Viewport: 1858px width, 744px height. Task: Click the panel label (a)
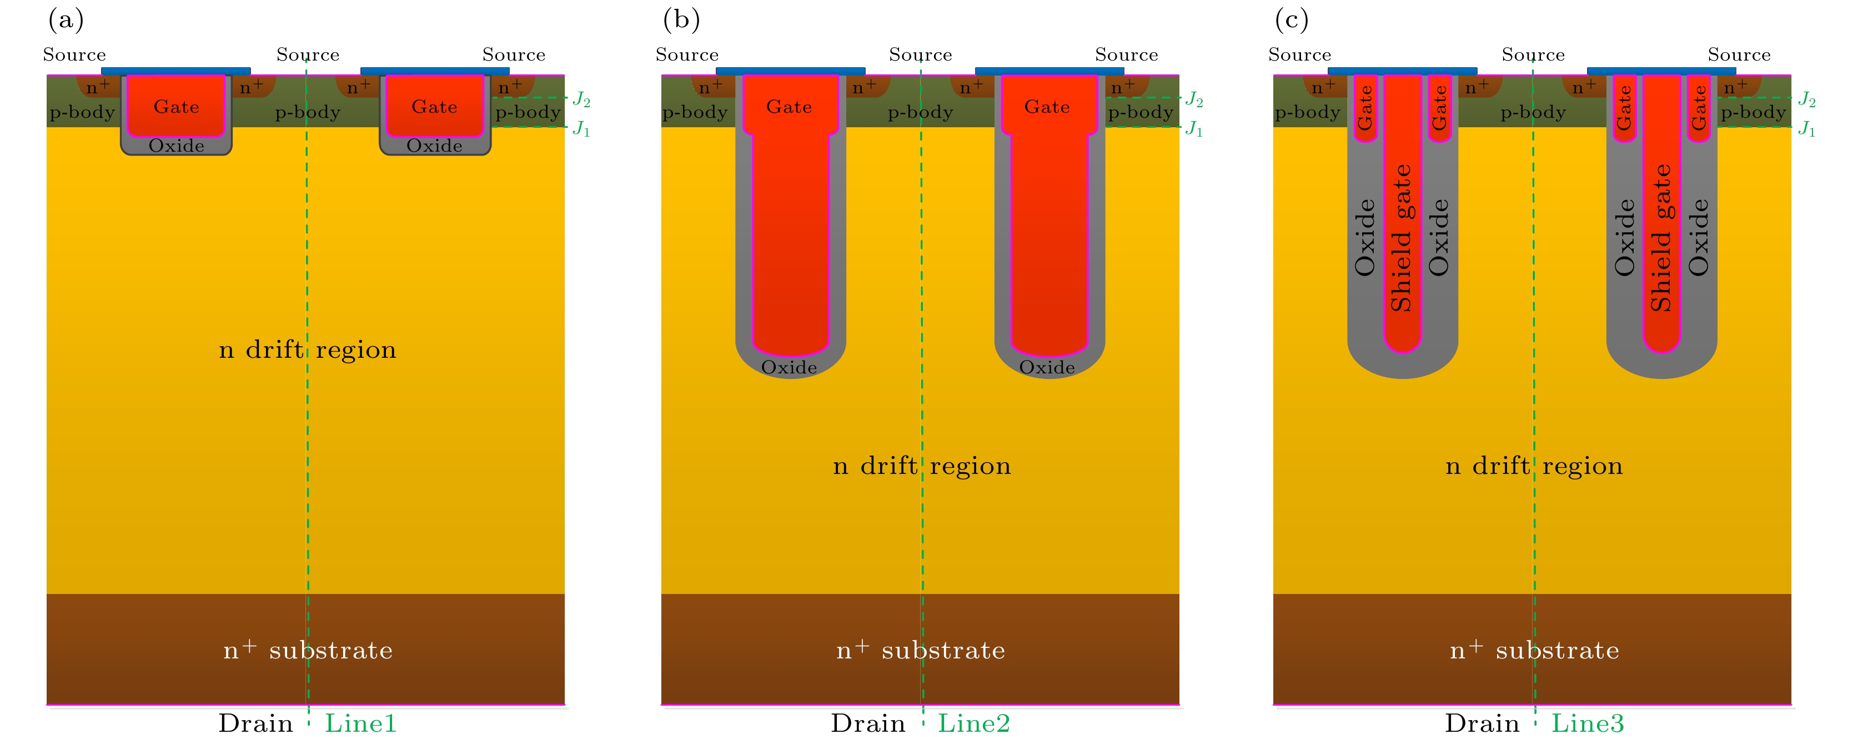(x=66, y=19)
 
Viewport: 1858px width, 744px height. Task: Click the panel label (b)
(x=681, y=19)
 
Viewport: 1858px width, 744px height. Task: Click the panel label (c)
(x=1291, y=19)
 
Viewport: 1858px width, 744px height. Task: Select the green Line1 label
(x=360, y=723)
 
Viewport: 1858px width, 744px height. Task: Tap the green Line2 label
(x=974, y=723)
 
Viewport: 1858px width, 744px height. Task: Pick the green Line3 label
(x=1588, y=723)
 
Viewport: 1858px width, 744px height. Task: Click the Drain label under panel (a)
(x=255, y=723)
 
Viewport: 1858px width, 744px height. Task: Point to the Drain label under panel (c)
(x=1482, y=723)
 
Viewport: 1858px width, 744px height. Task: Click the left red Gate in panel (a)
(x=176, y=107)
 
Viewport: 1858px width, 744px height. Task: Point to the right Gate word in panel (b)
(x=1047, y=107)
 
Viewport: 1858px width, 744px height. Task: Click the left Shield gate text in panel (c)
(x=1400, y=238)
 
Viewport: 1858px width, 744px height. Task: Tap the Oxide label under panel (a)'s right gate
(x=434, y=146)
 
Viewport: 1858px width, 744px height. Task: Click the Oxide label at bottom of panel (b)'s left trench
(x=789, y=367)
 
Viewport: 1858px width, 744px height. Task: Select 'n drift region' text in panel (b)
(x=922, y=466)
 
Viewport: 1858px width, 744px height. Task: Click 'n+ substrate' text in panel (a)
(x=308, y=650)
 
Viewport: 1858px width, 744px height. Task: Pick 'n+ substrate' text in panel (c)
(x=1534, y=650)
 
